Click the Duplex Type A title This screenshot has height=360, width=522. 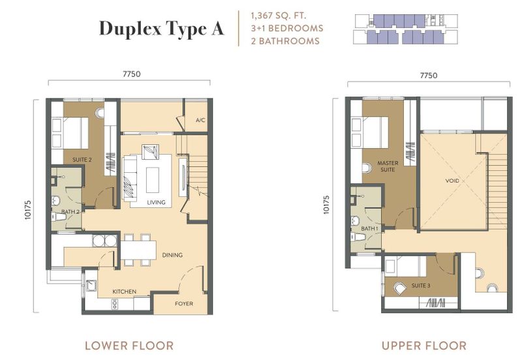(x=161, y=29)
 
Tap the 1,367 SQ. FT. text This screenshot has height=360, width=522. (x=279, y=16)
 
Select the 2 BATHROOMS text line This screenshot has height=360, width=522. (x=285, y=41)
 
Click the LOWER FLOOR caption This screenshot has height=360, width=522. (x=129, y=346)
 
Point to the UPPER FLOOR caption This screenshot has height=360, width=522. (x=423, y=346)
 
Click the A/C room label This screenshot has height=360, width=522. (x=200, y=120)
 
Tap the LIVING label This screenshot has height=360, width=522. (x=156, y=202)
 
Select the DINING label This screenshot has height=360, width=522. (x=172, y=255)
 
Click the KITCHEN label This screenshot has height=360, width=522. (x=124, y=292)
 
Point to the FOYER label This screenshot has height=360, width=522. (x=184, y=303)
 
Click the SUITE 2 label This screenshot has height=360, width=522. (x=82, y=160)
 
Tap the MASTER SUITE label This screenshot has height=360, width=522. (x=388, y=166)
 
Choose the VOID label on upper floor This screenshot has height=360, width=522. (x=452, y=181)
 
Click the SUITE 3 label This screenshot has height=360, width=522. (x=421, y=286)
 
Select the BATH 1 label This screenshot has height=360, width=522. (x=369, y=228)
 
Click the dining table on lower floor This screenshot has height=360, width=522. (x=138, y=250)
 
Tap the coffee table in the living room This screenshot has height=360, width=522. (x=153, y=179)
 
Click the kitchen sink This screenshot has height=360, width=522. (x=91, y=286)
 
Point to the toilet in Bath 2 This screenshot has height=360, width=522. (x=59, y=217)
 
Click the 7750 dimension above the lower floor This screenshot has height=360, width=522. (x=132, y=74)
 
